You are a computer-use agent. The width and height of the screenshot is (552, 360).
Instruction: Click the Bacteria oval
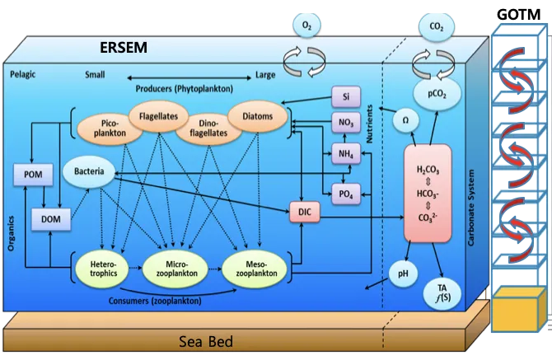[x=88, y=172]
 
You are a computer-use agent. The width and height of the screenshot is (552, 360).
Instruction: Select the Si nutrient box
[x=345, y=96]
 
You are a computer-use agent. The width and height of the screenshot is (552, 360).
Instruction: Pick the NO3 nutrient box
[x=345, y=125]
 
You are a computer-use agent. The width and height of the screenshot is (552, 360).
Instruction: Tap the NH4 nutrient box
[x=345, y=153]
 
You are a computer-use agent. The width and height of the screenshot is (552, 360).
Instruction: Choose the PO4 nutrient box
[x=345, y=194]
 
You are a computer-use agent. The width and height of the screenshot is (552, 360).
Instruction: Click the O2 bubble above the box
[x=306, y=25]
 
